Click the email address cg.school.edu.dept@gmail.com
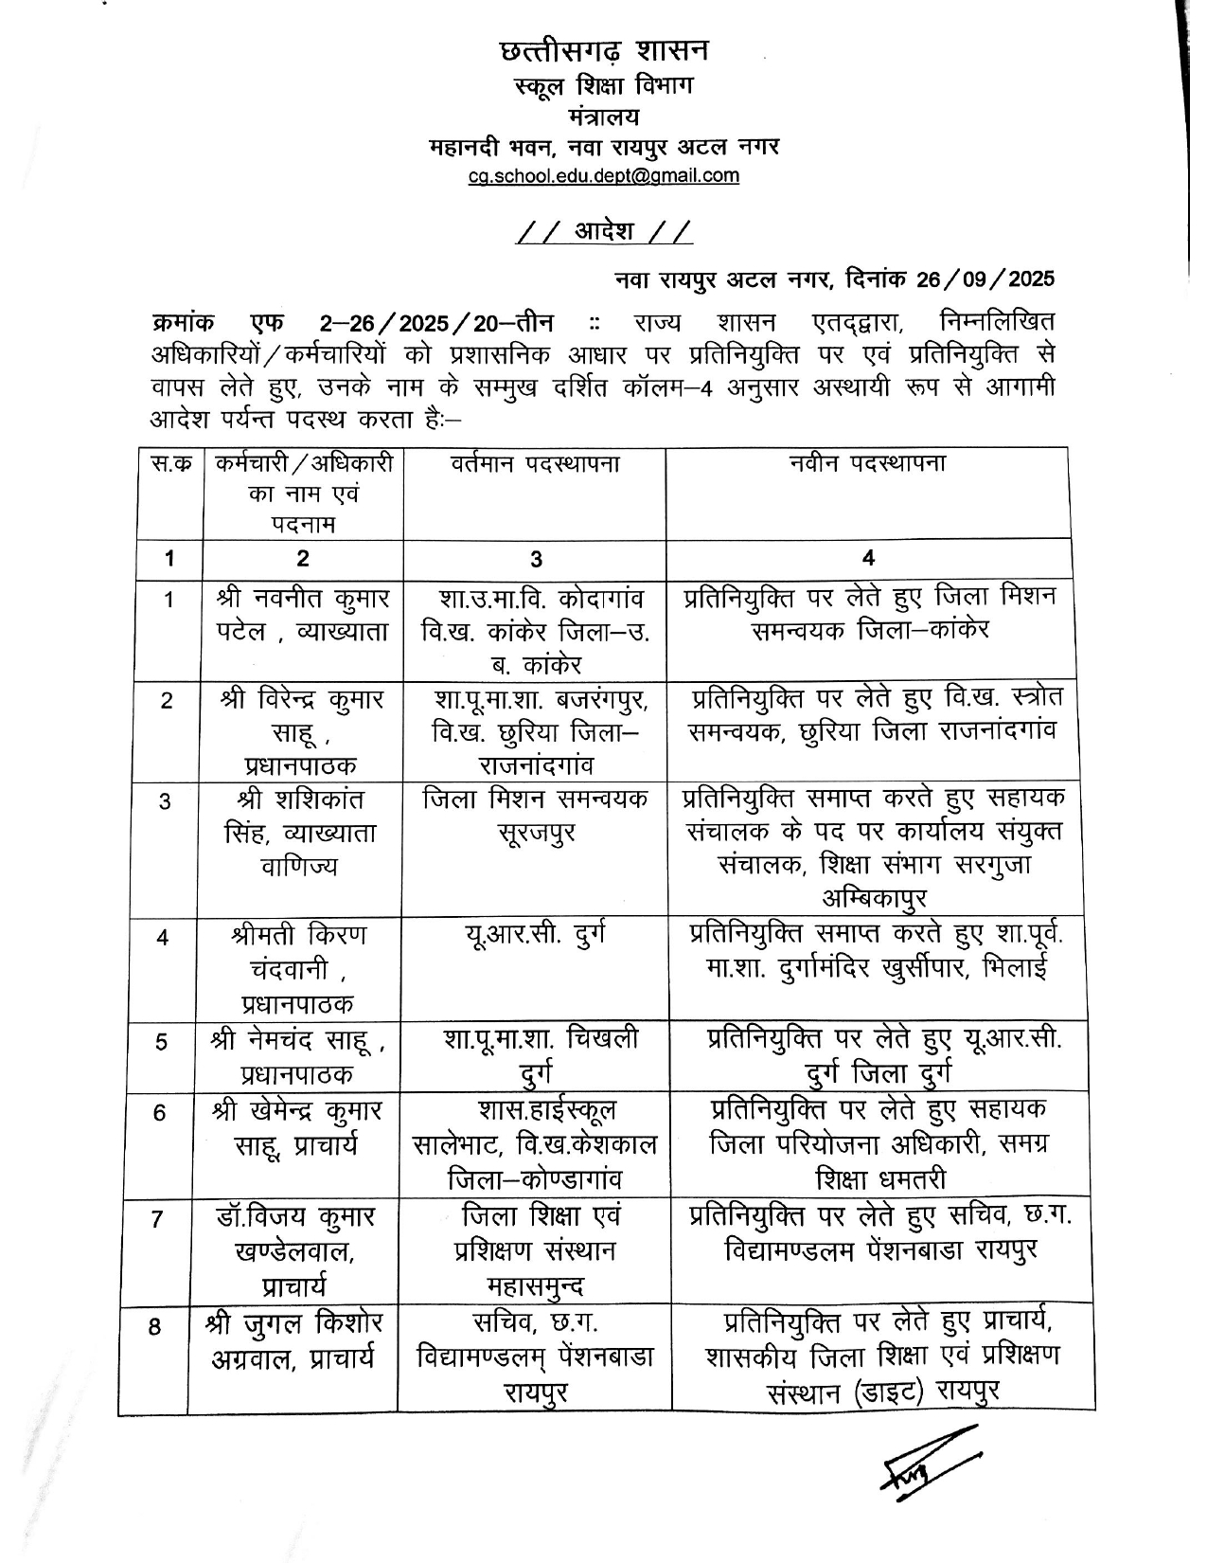pyautogui.click(x=604, y=175)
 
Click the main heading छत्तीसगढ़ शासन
pyautogui.click(x=604, y=50)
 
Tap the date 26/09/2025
pyautogui.click(x=985, y=279)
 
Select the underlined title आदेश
pyautogui.click(x=604, y=231)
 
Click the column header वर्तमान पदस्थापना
pyautogui.click(x=535, y=464)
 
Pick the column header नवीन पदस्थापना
pyautogui.click(x=867, y=464)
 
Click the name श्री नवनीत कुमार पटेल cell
pyautogui.click(x=302, y=616)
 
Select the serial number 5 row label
pyautogui.click(x=162, y=1042)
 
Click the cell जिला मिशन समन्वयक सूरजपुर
pyautogui.click(x=536, y=817)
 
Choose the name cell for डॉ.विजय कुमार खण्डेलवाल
pyautogui.click(x=294, y=1250)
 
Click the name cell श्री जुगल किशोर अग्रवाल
pyautogui.click(x=293, y=1340)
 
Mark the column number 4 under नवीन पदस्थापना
pyautogui.click(x=868, y=559)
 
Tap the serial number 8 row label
pyautogui.click(x=154, y=1327)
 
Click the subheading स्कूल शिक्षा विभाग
pyautogui.click(x=604, y=85)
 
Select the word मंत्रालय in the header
pyautogui.click(x=604, y=117)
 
